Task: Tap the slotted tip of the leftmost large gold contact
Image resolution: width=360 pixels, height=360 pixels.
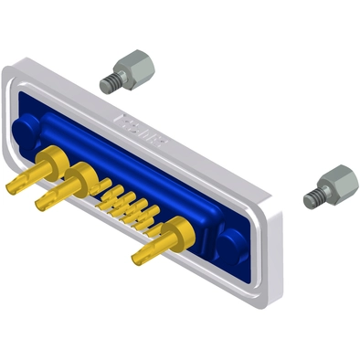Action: coord(13,188)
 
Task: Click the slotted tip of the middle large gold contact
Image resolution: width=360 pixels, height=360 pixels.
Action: coord(42,202)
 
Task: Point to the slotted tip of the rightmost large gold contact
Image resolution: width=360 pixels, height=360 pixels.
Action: coord(138,258)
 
